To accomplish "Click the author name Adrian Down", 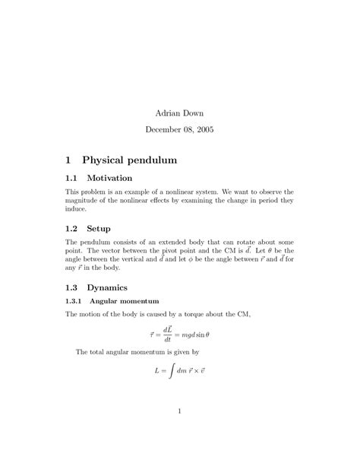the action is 179,113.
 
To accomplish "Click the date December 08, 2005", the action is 179,130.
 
